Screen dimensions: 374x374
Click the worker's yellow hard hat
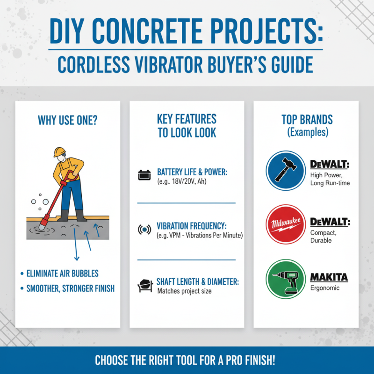[59, 152]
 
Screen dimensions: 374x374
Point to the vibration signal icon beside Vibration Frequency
[144, 230]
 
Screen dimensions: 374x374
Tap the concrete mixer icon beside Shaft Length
[144, 285]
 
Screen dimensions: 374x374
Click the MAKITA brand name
[329, 277]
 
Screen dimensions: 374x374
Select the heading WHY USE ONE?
[67, 120]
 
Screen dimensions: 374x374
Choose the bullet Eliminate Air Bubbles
[63, 273]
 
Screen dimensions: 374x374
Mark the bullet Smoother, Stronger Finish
[67, 288]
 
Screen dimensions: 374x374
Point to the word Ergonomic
[325, 288]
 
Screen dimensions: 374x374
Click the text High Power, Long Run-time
[330, 179]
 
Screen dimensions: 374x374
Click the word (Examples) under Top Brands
[307, 132]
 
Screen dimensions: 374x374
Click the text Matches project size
[184, 291]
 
